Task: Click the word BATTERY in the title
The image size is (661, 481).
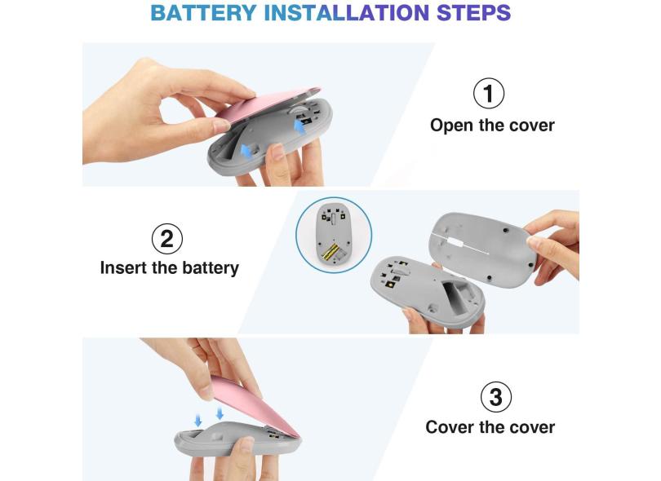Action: (203, 12)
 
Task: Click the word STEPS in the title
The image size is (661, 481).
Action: (473, 12)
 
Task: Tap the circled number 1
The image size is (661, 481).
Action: (489, 93)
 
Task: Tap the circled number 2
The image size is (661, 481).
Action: (167, 239)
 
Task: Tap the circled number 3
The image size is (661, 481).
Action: (496, 397)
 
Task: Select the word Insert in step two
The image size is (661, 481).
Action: (122, 268)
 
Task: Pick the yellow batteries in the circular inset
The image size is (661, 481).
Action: (330, 251)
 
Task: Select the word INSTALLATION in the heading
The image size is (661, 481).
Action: (347, 12)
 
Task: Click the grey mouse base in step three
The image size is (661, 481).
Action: (236, 440)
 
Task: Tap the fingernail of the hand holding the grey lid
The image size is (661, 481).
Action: (535, 242)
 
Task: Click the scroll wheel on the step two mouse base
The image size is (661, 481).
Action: (397, 271)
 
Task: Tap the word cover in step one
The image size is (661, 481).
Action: (531, 126)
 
